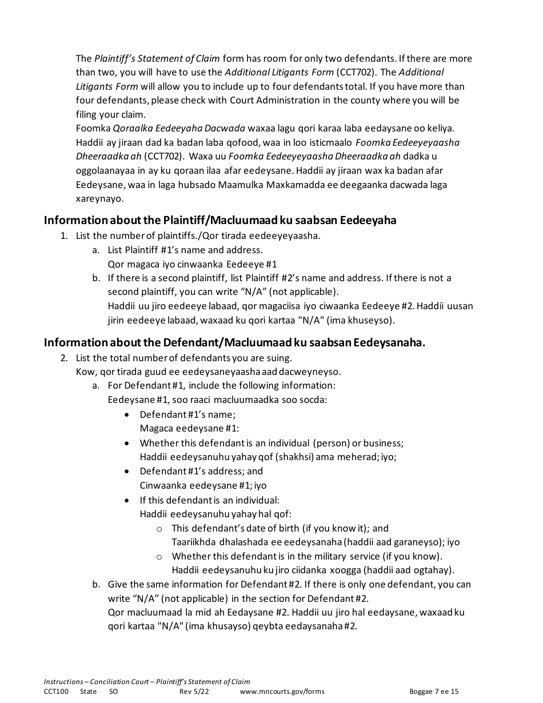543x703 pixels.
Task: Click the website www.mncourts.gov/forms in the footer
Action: pyautogui.click(x=282, y=691)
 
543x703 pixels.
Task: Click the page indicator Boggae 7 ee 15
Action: pyautogui.click(x=434, y=691)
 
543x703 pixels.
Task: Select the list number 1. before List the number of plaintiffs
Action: pyautogui.click(x=64, y=235)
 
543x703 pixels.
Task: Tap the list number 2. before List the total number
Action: pyautogui.click(x=64, y=358)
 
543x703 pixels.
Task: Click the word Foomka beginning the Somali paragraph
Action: pyautogui.click(x=92, y=128)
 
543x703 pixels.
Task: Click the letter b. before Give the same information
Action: pyautogui.click(x=96, y=584)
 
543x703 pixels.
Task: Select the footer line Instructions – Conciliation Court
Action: pyautogui.click(x=147, y=681)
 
